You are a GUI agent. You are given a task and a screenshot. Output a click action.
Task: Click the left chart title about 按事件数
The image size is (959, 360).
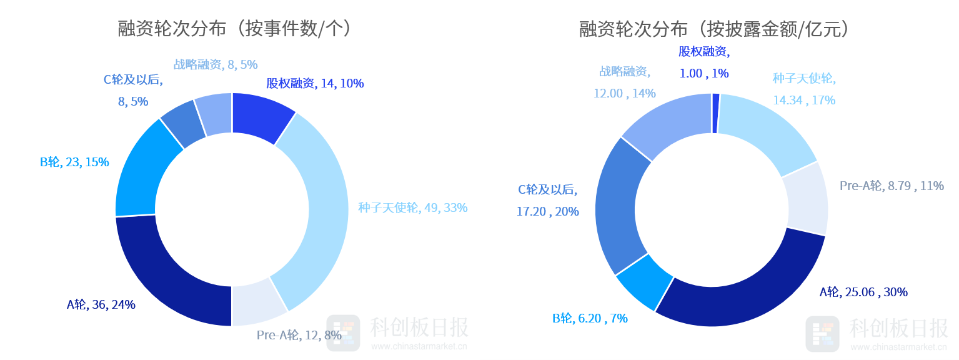point(235,29)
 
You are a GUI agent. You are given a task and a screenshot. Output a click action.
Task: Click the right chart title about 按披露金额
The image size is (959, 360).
point(714,29)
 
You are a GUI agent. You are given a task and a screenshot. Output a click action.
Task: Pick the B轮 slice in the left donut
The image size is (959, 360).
point(144,171)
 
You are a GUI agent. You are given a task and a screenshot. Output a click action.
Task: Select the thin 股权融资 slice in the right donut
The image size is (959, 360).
point(716,113)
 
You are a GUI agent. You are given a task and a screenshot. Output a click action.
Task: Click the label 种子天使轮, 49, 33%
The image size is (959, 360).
point(413,207)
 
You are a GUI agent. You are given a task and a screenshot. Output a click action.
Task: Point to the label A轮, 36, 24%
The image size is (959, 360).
point(101,304)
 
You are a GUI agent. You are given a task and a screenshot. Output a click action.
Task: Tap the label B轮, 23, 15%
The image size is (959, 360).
point(74,162)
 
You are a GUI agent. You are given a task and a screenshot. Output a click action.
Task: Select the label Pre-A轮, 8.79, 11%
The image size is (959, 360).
point(892,186)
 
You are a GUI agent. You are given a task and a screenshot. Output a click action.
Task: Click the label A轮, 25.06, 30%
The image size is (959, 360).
point(863,292)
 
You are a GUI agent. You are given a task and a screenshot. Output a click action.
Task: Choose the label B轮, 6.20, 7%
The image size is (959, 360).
point(590,318)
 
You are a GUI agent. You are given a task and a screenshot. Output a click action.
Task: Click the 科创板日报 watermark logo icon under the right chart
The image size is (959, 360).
point(822,334)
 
